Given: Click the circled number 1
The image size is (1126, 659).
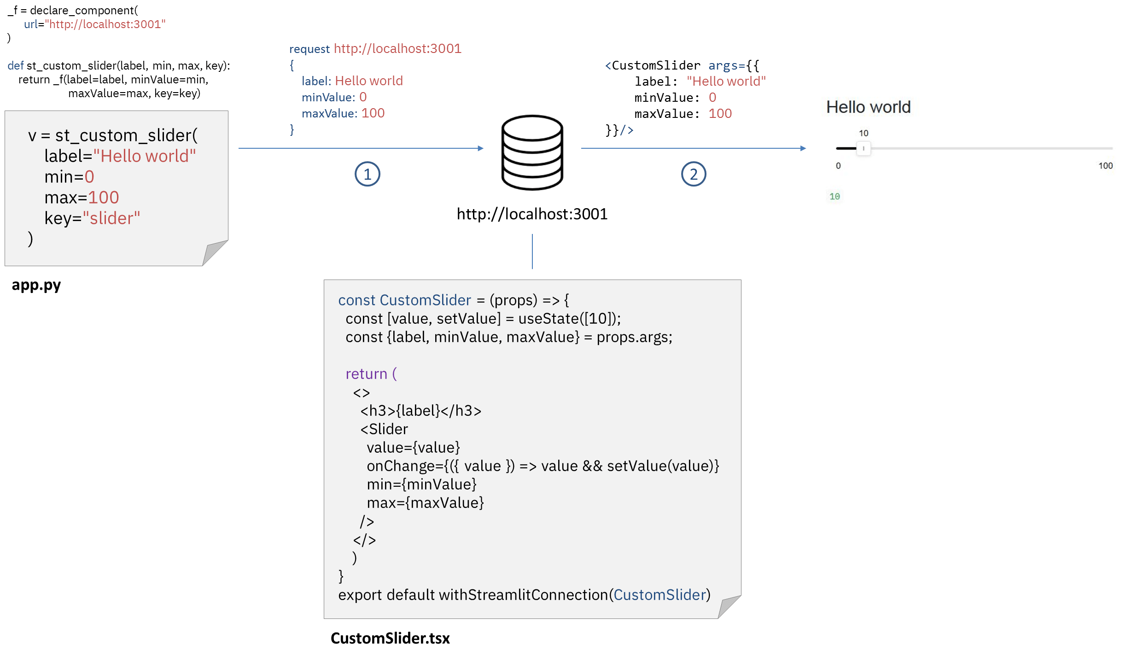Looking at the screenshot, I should click(367, 174).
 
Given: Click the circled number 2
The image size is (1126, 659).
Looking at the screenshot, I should click(693, 174).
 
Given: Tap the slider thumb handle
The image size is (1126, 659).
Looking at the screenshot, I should click(863, 148).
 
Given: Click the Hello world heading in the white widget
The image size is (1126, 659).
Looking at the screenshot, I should click(868, 107).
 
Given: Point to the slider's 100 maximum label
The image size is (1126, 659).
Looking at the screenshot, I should click(1105, 166).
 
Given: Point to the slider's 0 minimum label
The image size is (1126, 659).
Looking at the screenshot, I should click(838, 166).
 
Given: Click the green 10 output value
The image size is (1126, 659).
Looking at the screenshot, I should click(834, 197).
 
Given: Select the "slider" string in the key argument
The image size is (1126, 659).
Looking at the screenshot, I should click(111, 218).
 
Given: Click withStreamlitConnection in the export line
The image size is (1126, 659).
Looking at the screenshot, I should click(523, 595).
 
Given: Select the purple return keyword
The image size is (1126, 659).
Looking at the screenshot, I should click(366, 374).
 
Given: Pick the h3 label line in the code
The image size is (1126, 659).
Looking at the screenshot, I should click(420, 411).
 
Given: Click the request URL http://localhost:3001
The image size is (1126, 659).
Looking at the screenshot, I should click(397, 48).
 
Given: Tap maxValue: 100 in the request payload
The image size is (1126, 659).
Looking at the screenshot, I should click(343, 113).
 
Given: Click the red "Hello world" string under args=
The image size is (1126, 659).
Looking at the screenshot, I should click(726, 82).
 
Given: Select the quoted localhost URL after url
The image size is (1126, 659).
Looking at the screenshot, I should click(105, 24).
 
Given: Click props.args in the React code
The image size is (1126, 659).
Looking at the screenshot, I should click(634, 338).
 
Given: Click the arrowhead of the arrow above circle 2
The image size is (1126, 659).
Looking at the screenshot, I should click(804, 148).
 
